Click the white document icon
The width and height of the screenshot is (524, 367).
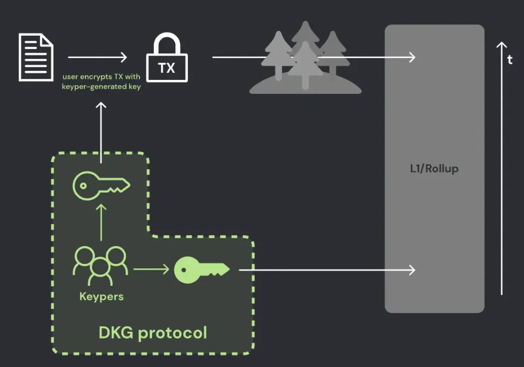(36, 57)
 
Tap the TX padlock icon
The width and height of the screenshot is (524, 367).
(167, 60)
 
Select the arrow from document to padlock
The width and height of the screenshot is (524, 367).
(97, 57)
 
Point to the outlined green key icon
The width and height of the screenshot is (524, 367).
(101, 186)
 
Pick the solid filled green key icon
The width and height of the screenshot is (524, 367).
(202, 270)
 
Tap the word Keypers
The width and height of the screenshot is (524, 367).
(101, 297)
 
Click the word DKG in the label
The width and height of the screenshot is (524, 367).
(117, 332)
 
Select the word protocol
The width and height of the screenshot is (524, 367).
(172, 333)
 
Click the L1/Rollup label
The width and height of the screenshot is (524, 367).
(434, 169)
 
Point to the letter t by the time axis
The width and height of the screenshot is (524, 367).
(510, 60)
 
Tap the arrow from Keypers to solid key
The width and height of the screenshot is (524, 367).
(151, 270)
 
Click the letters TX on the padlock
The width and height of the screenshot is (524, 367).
(167, 68)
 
